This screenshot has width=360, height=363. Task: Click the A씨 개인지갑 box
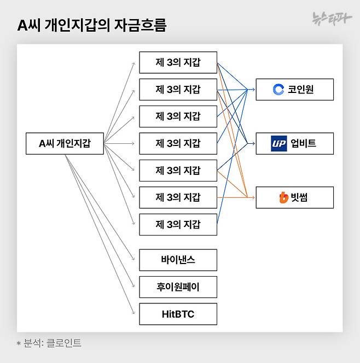65,143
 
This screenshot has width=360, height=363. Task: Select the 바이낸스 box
178,260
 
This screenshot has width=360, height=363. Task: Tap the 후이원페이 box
178,287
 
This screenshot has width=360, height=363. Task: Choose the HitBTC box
178,314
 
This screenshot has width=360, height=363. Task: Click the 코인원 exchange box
294,89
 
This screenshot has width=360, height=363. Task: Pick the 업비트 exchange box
294,143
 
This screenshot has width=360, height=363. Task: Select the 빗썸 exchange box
294,197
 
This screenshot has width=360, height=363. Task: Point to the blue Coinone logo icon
278,89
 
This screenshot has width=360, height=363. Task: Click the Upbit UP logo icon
279,143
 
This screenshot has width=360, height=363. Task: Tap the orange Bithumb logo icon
283,197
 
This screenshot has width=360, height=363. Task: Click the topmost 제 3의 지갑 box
178,62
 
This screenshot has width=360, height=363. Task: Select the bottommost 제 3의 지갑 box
178,224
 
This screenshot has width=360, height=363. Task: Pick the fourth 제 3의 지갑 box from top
178,143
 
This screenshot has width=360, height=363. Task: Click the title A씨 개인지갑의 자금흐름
92,26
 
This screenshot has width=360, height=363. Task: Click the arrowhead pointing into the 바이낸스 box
133,259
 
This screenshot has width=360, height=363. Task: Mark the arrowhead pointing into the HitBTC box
133,313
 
